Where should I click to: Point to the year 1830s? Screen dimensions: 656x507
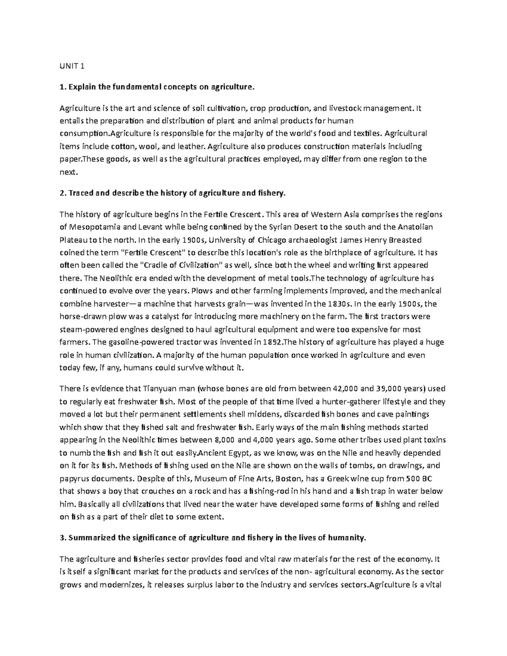point(338,304)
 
